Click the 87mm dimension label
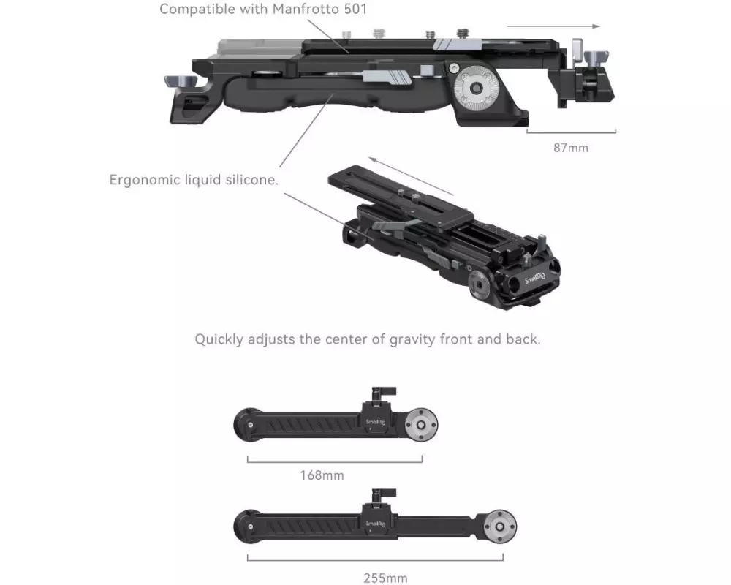571,148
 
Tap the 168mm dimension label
322,475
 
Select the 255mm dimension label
385,578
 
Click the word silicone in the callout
251,180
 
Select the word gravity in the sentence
413,339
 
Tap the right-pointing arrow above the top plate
553,26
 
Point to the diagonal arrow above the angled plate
411,176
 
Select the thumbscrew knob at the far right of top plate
595,58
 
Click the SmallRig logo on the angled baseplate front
535,278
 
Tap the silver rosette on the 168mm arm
421,425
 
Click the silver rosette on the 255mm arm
500,526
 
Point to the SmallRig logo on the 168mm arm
375,422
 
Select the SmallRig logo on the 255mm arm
375,524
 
